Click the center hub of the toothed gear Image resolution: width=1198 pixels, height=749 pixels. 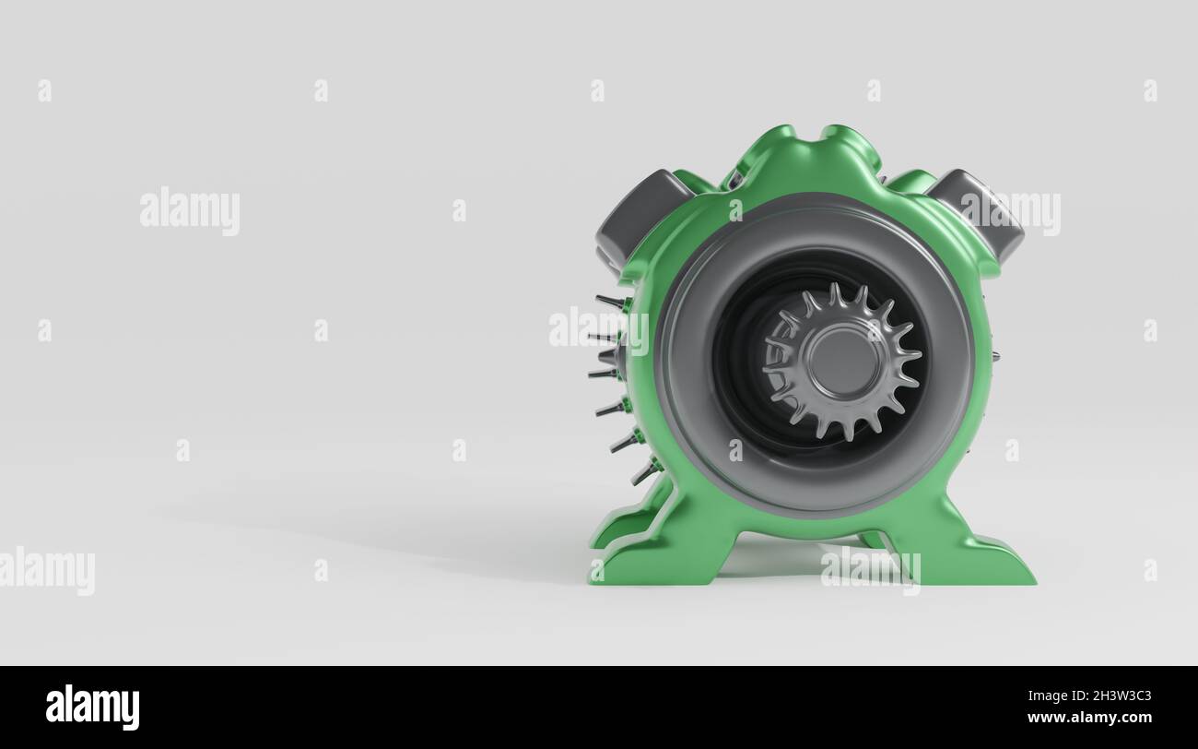click(x=840, y=362)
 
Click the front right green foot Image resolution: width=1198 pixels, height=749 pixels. click(x=977, y=563)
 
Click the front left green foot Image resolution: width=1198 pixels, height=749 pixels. click(x=645, y=563)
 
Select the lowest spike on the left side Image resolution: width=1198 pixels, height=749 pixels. click(x=643, y=474)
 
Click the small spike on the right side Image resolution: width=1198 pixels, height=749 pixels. click(x=993, y=356)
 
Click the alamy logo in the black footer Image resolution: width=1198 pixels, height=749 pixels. click(x=93, y=707)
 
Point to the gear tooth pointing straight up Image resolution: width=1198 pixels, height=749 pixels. click(x=835, y=294)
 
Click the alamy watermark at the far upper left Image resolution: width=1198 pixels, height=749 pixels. click(x=190, y=211)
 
